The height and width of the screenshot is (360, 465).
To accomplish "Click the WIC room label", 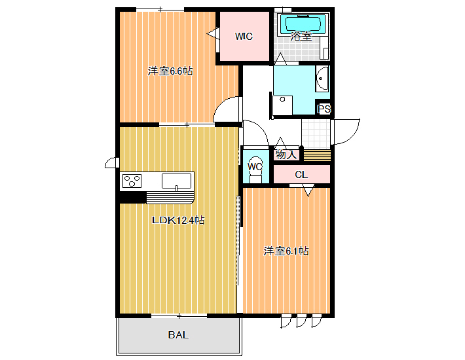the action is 244,37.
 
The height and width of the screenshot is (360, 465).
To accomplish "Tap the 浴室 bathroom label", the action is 301,37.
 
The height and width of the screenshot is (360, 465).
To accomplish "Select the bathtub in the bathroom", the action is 303,24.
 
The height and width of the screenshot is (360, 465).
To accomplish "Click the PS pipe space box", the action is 324,109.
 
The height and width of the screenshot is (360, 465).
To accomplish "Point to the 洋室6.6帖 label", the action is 170,71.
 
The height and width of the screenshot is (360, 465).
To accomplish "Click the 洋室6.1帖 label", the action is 286,251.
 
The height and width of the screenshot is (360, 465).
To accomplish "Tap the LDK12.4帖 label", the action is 178,220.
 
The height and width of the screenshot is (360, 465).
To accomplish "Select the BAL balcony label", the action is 178,335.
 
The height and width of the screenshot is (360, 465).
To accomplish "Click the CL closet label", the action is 301,175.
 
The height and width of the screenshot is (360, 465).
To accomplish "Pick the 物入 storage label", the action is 286,154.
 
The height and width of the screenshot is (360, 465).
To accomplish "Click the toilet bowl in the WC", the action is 255,170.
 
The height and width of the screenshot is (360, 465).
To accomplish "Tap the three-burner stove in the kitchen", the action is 132,181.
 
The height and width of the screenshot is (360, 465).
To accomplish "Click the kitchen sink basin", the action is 176,181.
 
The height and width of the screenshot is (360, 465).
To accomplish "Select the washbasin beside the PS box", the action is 322,79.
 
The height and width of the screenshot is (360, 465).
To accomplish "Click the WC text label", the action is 255,166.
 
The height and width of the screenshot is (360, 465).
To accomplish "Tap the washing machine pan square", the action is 283,105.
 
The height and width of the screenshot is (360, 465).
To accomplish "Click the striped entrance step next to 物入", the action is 317,155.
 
